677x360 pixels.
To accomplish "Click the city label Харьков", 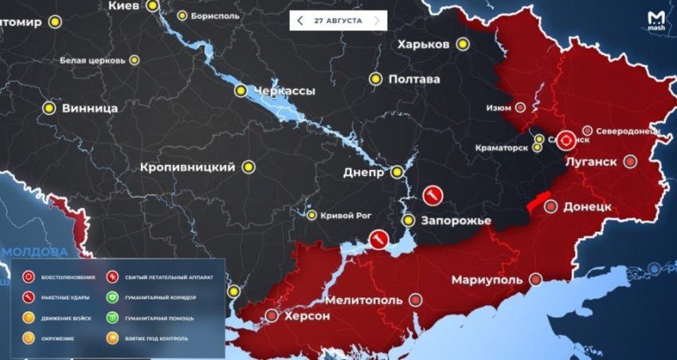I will [x=434, y=44].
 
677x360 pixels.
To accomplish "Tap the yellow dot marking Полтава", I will [x=375, y=79].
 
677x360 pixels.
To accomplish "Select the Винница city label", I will [x=90, y=108].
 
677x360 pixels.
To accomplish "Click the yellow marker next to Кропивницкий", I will [x=248, y=167].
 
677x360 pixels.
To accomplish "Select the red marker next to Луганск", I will [x=630, y=162].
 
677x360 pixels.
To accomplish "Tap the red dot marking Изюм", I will [x=521, y=108].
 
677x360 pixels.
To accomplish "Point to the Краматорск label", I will [x=502, y=147].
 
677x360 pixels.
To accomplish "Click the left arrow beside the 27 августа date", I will [x=299, y=20].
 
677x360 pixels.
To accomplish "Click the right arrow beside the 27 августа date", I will [x=377, y=20].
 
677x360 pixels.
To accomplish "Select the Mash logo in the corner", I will [x=656, y=18].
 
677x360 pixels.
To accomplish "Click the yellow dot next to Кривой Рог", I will [x=312, y=214].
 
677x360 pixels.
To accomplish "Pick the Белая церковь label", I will [x=92, y=60].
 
